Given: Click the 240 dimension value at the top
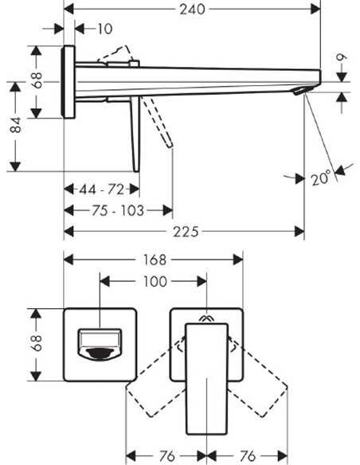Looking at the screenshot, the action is pos(192,10).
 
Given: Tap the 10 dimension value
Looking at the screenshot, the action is pos(105,29).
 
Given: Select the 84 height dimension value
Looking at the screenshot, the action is pos(15,125).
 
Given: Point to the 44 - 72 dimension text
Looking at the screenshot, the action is pos(101,190).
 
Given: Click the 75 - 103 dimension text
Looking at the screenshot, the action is pos(118,210).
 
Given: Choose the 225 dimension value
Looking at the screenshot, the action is pos(186,232).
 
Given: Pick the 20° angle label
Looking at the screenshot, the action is pos(321,178).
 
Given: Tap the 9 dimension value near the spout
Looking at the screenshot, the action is pos(342,57).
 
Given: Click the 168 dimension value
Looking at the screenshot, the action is pos(155,260).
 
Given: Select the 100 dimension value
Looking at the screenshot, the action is pos(155,281).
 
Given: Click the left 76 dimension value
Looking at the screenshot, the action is pos(167,455).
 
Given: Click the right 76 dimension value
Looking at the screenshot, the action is pos(248,455).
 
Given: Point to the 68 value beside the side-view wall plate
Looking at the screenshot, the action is pos(37,80).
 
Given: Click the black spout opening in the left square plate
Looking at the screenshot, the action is pos(100,353).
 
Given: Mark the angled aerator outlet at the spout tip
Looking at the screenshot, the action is pos(299,91).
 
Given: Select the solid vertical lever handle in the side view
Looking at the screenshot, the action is pos(135,134).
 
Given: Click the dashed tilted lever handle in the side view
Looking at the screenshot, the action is pos(157,122).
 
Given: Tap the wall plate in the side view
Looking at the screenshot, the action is pos(68,82).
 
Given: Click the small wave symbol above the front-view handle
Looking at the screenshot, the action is pos(207,318).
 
